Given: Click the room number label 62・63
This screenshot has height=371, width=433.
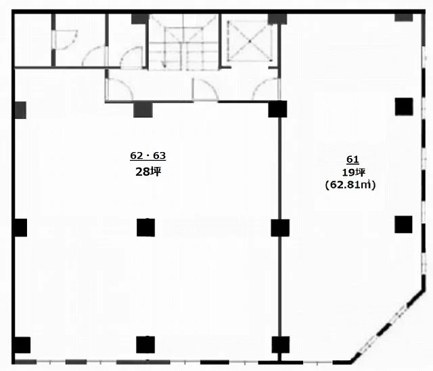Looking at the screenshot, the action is pos(147,155).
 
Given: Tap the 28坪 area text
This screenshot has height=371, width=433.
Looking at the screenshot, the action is pos(148,172).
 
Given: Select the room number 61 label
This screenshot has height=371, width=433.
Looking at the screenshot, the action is pos(352,159).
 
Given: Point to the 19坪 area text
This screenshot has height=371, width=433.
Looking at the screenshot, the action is pos(354,172).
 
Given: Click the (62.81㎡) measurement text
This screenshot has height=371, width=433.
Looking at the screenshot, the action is pos(350,184).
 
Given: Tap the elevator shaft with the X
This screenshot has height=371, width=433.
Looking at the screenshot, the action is pos(250,41).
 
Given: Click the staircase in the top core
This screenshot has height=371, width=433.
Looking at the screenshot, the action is pos(183,41).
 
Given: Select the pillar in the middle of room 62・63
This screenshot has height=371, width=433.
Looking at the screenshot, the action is pos(146,228).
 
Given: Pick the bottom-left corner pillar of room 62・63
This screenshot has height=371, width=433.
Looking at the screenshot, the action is pos(22,345).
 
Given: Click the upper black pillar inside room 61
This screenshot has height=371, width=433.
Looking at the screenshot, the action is pos(404,107).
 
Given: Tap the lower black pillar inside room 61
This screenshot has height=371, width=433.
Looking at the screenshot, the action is pos(403,224).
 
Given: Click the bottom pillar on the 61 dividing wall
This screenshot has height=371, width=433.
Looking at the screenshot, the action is pos(281,345).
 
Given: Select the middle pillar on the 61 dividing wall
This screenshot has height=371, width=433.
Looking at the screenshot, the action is pos(280,228).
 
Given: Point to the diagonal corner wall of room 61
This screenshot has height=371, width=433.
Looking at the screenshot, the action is pos(388,326).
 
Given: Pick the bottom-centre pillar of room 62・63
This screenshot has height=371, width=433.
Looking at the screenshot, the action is pos(145,345).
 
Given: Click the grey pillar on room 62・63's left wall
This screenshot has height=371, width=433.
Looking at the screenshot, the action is pos(20,110).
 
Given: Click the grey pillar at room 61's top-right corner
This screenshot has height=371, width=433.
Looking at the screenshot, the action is pos(404,17).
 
